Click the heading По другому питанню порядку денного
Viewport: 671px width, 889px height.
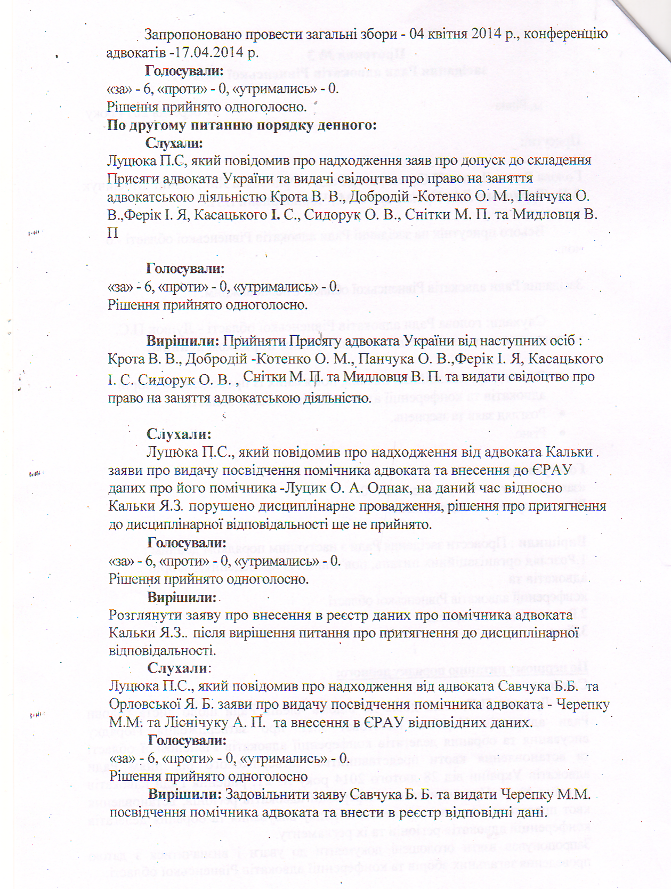242,125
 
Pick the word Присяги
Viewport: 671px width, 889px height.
130,179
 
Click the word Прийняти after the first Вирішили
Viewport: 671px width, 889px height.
254,341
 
